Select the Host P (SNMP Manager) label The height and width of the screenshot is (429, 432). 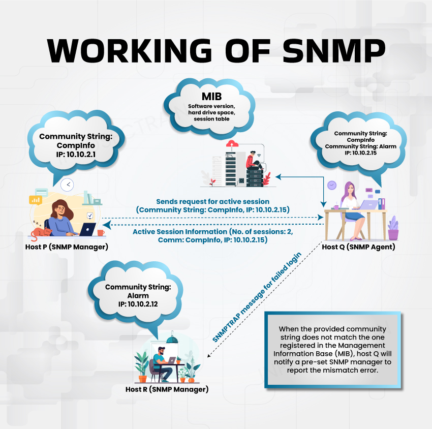coord(67,247)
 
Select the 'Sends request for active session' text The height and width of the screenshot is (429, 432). coord(213,201)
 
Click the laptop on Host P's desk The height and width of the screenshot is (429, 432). coord(87,229)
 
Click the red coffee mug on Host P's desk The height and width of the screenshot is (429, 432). coord(101,232)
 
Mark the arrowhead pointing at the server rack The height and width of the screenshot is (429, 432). coord(279,176)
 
